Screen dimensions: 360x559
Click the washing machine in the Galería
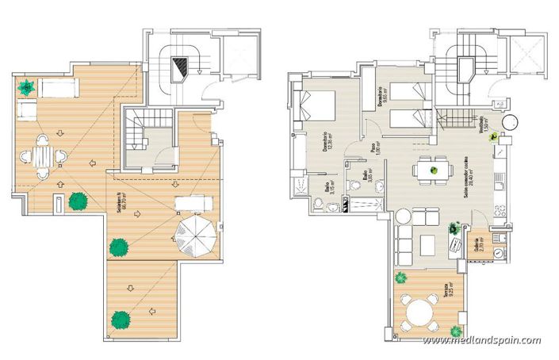coord(498,253)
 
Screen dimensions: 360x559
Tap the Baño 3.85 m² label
coord(366,177)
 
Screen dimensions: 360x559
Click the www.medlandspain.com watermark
coord(481,340)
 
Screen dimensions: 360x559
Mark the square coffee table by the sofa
coord(429,242)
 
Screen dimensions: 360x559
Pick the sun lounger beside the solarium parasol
coord(190,202)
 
